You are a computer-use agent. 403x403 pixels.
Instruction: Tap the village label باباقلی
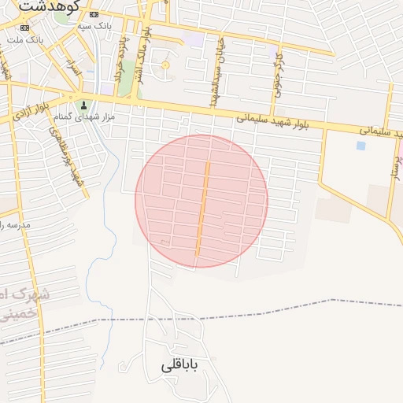181,366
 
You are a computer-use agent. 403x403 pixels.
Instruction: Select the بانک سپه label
95,26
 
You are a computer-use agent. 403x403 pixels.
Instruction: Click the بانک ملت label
24,39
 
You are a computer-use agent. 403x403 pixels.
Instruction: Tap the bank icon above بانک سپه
94,14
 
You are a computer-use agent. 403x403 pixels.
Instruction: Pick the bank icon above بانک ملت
17,27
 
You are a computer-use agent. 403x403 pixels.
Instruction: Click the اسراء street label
76,72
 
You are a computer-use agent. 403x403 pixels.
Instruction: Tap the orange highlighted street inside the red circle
202,209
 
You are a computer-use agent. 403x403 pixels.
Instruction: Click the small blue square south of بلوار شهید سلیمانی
360,146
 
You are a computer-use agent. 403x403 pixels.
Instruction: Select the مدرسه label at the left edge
14,225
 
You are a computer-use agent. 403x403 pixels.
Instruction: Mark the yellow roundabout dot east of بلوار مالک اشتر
165,65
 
